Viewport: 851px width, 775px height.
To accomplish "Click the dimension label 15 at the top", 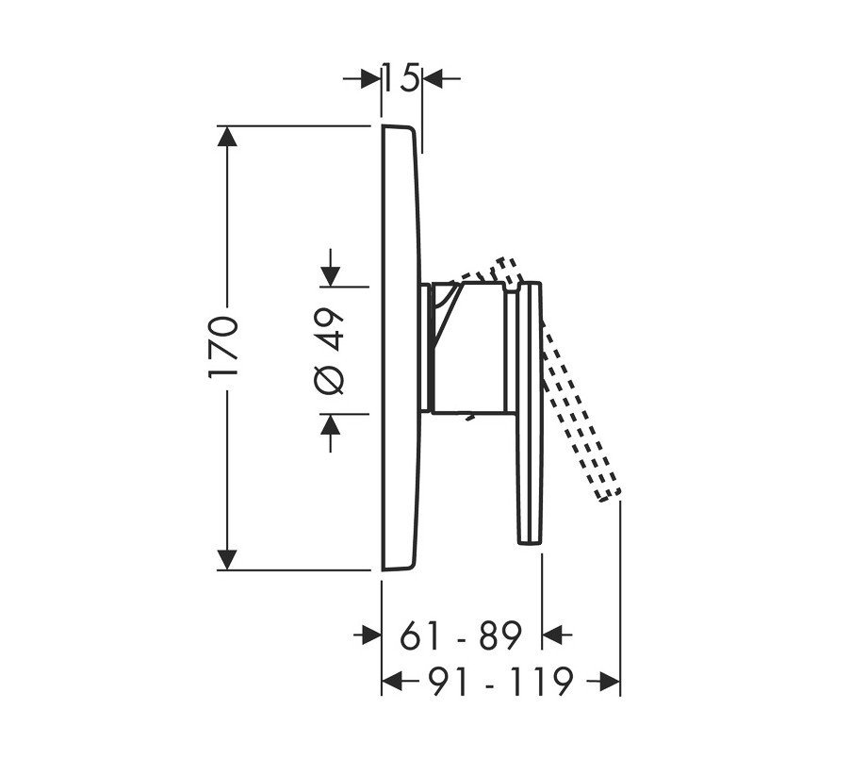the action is tap(401, 78).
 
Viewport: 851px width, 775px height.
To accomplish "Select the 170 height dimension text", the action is tap(223, 347).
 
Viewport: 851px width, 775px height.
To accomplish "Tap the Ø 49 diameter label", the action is tap(330, 351).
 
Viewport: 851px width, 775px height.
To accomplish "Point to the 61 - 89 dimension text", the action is tap(461, 635).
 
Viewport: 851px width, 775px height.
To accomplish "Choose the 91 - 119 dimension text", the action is tap(499, 681).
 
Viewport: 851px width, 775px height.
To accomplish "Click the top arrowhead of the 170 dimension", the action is tap(227, 136).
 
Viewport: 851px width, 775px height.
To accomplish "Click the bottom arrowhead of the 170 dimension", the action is tap(227, 560).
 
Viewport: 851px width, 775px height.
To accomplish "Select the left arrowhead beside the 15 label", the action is tap(370, 79).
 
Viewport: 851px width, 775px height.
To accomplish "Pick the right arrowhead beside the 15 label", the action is tap(433, 79).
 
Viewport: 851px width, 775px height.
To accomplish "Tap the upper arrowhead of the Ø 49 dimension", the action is tap(330, 276).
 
